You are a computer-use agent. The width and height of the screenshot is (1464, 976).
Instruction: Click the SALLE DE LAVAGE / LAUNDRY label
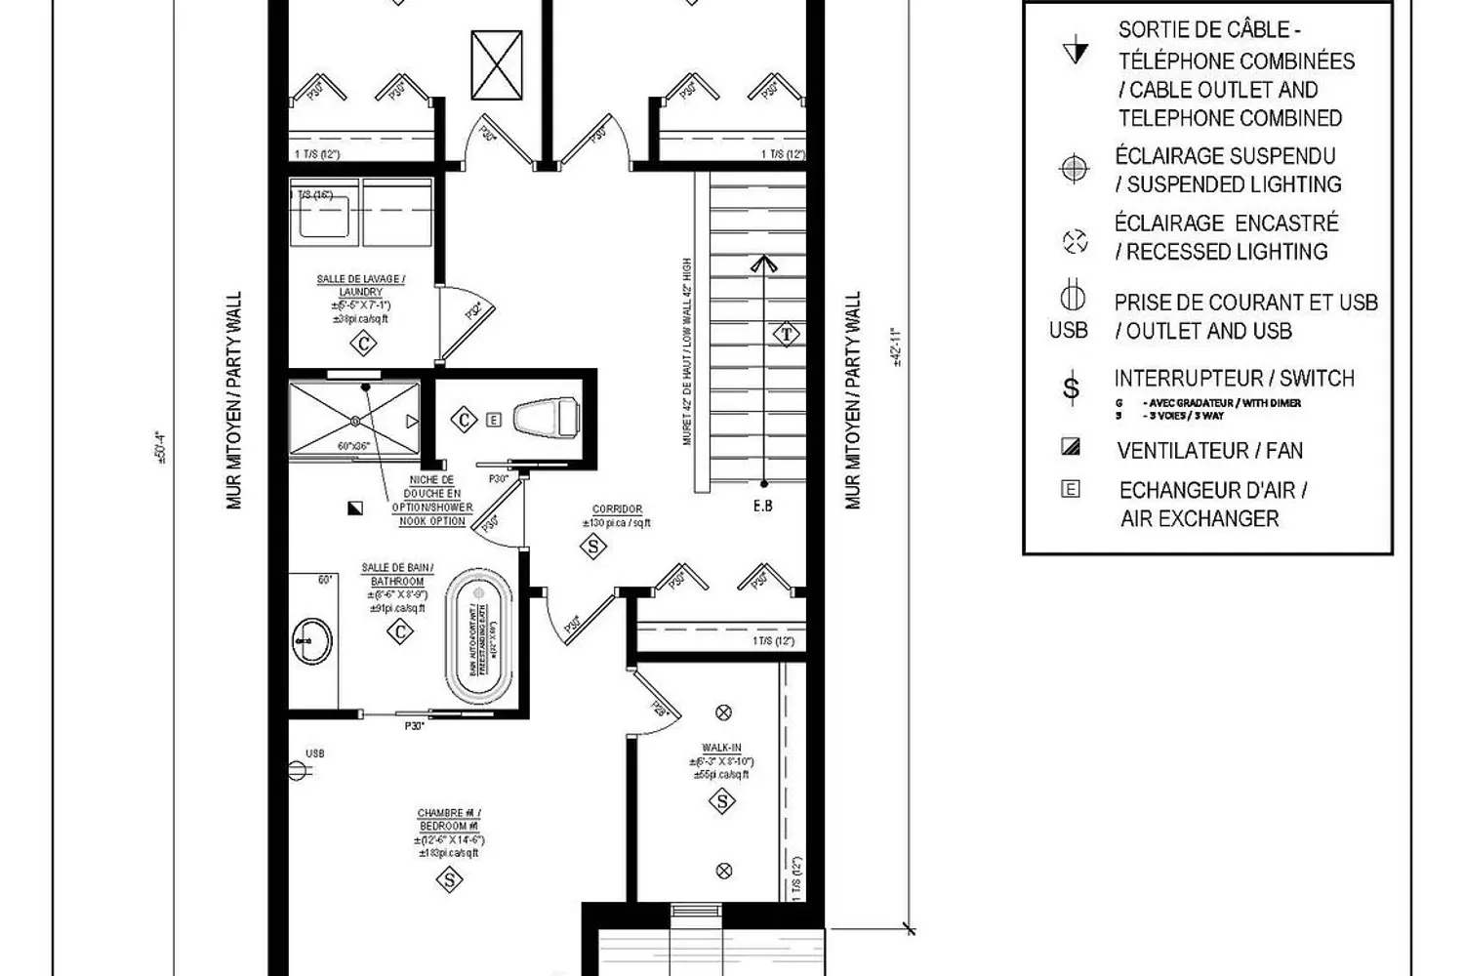tap(361, 285)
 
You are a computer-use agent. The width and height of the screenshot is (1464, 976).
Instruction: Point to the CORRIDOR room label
tap(617, 509)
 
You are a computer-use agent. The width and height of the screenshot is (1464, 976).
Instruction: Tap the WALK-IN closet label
tap(721, 749)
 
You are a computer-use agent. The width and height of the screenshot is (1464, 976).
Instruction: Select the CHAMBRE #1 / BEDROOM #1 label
tap(449, 820)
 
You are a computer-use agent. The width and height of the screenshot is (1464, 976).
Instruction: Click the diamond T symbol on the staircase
tap(787, 335)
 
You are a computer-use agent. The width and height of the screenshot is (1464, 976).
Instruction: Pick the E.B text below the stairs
tap(763, 506)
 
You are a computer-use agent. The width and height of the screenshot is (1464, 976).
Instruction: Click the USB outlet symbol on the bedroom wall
tap(299, 770)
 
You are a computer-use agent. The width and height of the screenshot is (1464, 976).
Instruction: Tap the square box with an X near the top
tap(497, 65)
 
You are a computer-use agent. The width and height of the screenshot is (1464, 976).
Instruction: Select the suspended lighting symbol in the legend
tap(1074, 169)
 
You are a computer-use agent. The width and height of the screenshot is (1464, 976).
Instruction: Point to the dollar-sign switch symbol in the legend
tap(1072, 389)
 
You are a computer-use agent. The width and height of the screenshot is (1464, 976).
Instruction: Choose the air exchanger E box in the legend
tap(1071, 489)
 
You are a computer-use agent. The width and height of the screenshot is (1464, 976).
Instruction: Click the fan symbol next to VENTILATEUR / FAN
tap(1071, 448)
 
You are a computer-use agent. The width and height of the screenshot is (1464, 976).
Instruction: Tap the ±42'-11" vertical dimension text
tap(896, 346)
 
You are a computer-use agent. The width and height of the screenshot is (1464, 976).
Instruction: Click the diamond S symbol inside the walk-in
tap(722, 802)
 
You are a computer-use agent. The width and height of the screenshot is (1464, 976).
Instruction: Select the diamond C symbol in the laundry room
tap(364, 344)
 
